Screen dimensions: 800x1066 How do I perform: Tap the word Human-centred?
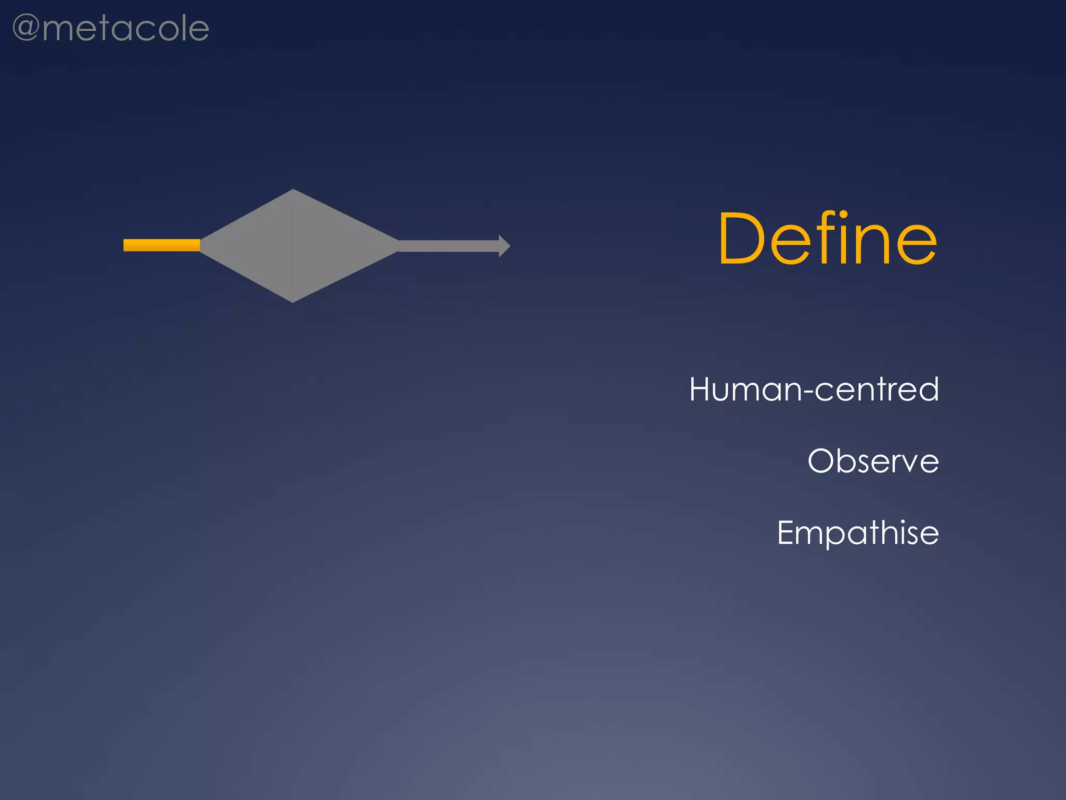[814, 390]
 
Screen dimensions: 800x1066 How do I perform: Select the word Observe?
[873, 461]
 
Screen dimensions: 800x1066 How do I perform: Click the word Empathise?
[858, 533]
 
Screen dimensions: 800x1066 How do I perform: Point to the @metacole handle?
[110, 28]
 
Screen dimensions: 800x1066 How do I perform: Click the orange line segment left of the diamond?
[161, 245]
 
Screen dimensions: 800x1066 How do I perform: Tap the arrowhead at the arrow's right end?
[504, 246]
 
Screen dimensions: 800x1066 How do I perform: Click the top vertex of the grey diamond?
[293, 190]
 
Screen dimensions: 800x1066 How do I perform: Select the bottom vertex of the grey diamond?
[293, 301]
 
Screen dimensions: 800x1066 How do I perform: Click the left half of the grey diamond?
[255, 246]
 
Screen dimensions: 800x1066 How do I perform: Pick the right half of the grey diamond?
[333, 246]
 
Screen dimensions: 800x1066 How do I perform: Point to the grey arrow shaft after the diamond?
[448, 246]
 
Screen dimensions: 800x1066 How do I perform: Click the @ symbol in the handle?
[26, 28]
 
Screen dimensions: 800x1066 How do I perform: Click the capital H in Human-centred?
[701, 389]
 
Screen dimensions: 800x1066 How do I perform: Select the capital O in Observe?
[822, 461]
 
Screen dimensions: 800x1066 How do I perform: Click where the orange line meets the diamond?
[200, 245]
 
